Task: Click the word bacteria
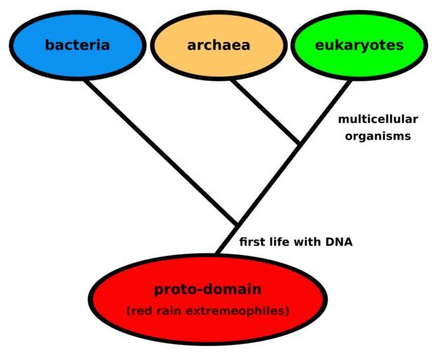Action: [x=77, y=45]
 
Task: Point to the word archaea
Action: [x=218, y=45]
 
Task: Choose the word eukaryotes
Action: [x=359, y=45]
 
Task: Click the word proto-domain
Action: [x=208, y=289]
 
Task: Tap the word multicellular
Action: [x=377, y=120]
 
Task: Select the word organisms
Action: [x=377, y=136]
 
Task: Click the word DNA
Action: [x=338, y=243]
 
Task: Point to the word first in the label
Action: [x=253, y=243]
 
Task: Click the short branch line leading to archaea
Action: [x=267, y=112]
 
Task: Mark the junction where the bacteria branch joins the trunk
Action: [x=237, y=225]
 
